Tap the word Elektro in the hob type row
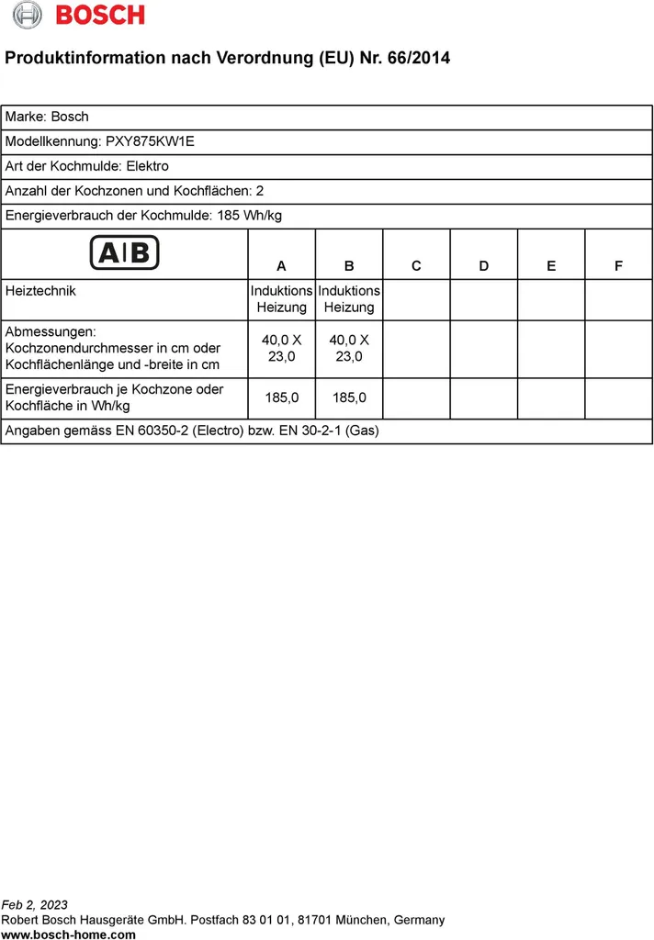(147, 166)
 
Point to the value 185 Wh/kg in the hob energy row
(250, 216)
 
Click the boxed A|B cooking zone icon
(124, 252)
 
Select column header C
(416, 266)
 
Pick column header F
(618, 266)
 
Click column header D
(484, 266)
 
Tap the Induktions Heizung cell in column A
(281, 299)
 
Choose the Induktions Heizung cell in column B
(349, 299)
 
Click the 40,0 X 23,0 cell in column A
(281, 348)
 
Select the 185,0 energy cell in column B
(349, 397)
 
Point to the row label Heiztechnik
(40, 291)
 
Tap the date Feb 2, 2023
(35, 905)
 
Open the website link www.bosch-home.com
(69, 934)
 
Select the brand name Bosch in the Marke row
(70, 117)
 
